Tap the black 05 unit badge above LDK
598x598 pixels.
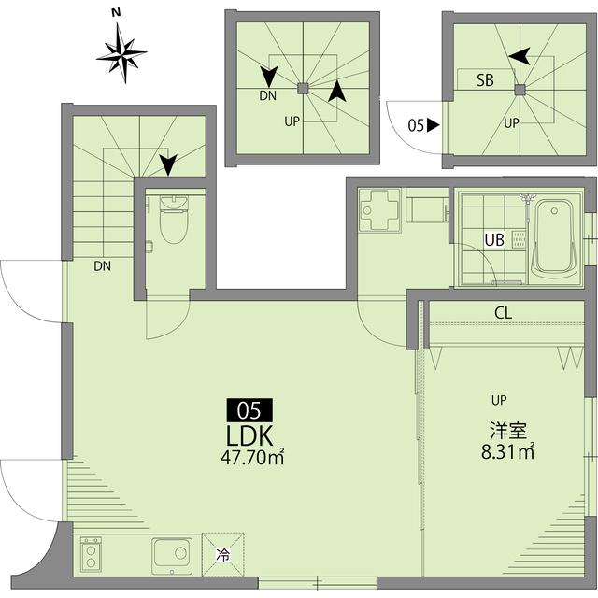pyautogui.click(x=249, y=409)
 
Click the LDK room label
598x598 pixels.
pyautogui.click(x=249, y=435)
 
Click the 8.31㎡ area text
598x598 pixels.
pyautogui.click(x=507, y=453)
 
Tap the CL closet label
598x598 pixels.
pyautogui.click(x=503, y=313)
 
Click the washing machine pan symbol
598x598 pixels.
pyautogui.click(x=379, y=210)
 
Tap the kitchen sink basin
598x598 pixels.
pyautogui.click(x=171, y=555)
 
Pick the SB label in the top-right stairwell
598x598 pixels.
pyautogui.click(x=485, y=80)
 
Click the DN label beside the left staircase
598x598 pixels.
pyautogui.click(x=102, y=265)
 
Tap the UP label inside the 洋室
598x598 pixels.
pyautogui.click(x=499, y=400)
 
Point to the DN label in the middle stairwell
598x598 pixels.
pyautogui.click(x=266, y=95)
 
